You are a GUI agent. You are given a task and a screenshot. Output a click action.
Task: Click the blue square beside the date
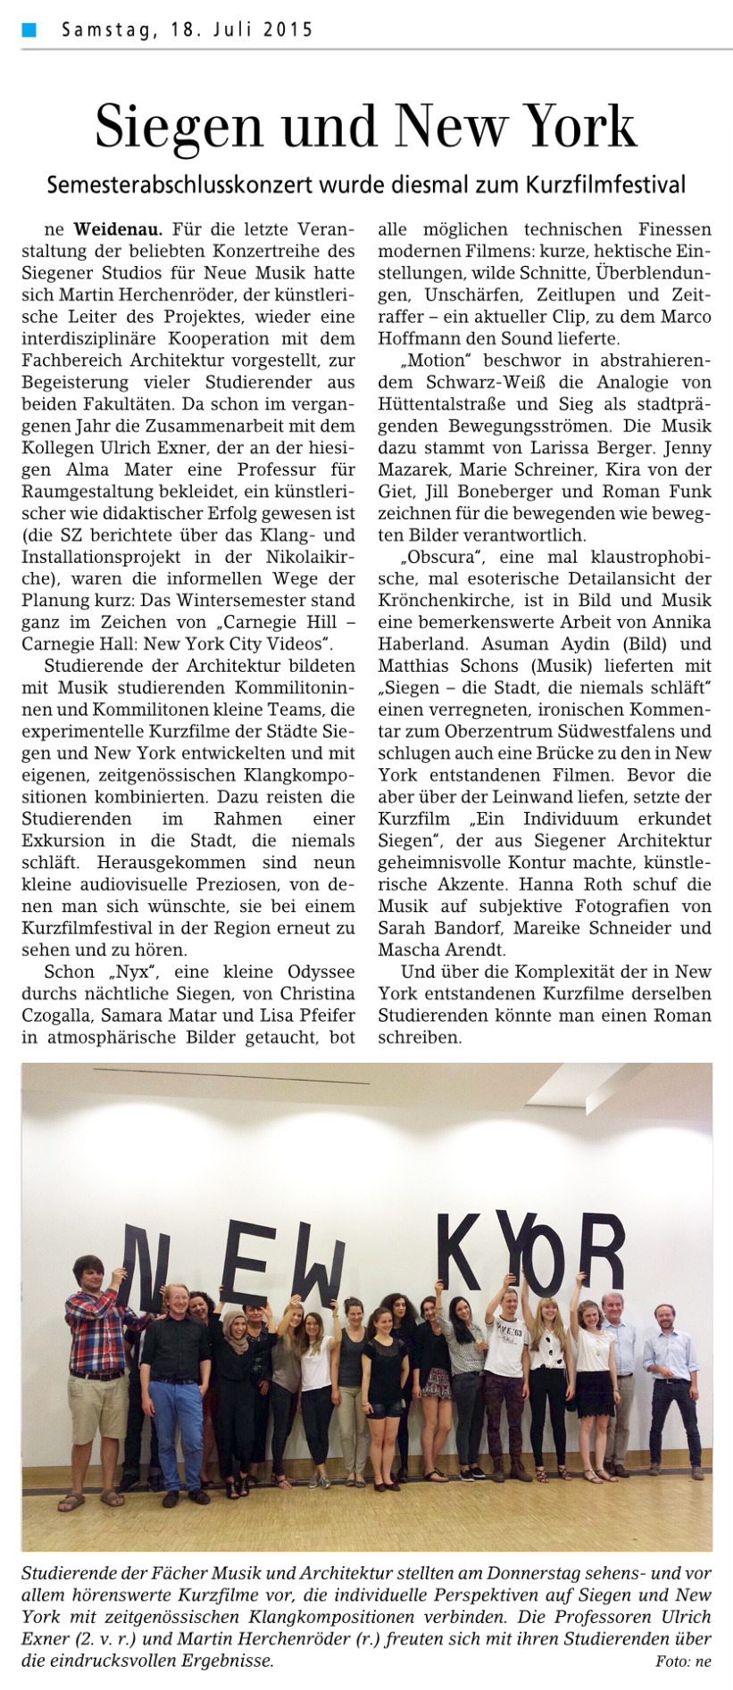tap(29, 29)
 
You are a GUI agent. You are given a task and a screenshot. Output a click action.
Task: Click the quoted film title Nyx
tap(135, 971)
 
